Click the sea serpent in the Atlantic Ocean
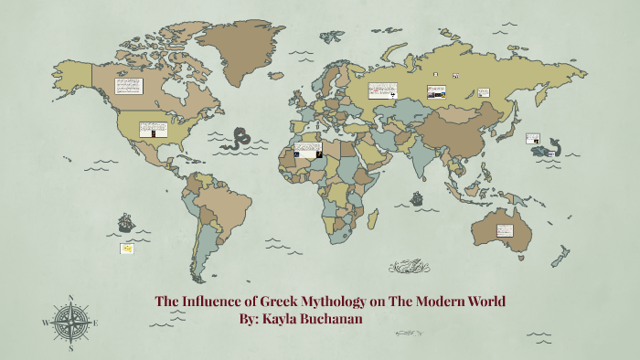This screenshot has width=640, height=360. click(239, 140)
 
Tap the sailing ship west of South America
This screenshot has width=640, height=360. click(125, 222)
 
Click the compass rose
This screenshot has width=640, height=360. click(70, 322)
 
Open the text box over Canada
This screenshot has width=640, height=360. click(129, 85)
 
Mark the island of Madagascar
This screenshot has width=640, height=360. click(373, 218)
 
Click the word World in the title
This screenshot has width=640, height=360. click(480, 301)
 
